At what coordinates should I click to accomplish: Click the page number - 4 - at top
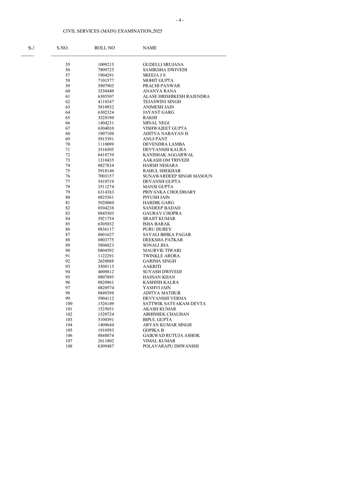point(180,20)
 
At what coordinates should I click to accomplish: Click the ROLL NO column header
point(104,48)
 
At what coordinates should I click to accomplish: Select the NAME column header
point(150,48)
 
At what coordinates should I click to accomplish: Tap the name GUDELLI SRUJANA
point(163,64)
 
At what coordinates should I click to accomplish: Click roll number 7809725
point(106,70)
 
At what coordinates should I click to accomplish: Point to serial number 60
point(68,91)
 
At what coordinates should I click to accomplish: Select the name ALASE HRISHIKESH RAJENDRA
point(176,96)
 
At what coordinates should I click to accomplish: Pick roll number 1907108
point(106,134)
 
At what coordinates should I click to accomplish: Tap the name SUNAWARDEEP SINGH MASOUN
point(178,176)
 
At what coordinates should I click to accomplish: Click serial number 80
point(68,197)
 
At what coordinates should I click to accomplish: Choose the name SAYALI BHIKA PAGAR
point(167,234)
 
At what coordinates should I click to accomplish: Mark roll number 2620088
point(106,261)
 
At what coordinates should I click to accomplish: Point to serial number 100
point(69,304)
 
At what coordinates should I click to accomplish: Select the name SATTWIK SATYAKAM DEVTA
point(174,304)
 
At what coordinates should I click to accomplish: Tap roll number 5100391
point(106,320)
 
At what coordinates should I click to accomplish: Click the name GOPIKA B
point(153,330)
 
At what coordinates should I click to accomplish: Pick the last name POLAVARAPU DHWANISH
point(170,346)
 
